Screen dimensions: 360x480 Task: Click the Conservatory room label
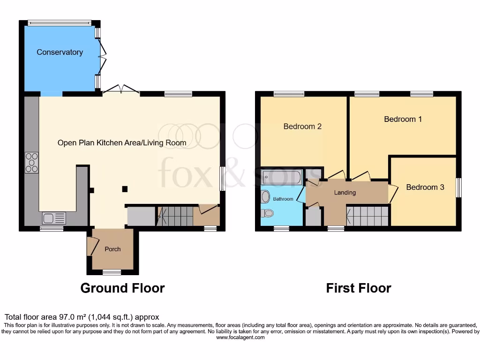60,52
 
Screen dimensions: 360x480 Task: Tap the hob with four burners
32,162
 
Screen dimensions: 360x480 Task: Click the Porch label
112,249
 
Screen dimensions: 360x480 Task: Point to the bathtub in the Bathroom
282,177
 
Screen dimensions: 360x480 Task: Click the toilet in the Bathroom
268,213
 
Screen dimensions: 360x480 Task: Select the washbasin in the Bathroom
265,196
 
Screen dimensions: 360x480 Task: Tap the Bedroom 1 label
403,119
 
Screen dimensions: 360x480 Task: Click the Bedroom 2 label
302,126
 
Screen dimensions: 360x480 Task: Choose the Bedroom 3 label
425,187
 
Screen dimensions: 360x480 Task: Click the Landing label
345,193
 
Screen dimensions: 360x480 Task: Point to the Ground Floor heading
122,287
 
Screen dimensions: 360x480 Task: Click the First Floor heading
359,287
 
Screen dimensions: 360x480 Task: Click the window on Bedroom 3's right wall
458,187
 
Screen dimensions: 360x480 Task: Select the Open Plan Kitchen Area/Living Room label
122,142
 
